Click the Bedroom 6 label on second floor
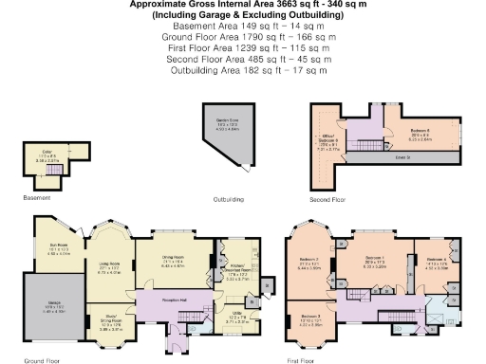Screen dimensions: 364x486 421,133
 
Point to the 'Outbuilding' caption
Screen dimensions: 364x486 229,201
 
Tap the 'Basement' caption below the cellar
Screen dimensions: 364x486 37,199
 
